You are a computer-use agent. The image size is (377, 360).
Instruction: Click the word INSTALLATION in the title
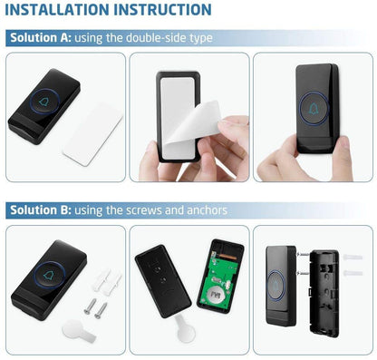point(57,10)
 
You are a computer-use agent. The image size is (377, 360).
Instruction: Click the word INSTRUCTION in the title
point(163,10)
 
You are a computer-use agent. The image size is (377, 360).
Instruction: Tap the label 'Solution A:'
point(41,38)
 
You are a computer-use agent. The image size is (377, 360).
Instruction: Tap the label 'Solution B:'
point(41,210)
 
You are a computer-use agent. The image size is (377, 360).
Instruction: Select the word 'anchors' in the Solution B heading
point(207,210)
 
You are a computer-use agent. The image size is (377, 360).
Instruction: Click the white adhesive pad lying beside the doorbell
point(92,134)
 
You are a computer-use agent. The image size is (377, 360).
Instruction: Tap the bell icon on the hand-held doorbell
point(314,109)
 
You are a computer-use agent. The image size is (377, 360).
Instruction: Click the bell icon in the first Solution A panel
point(44,102)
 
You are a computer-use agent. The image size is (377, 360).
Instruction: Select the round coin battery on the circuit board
point(215,296)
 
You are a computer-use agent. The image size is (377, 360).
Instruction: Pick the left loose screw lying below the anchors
point(90,306)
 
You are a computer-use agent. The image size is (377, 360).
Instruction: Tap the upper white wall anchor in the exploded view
point(353,258)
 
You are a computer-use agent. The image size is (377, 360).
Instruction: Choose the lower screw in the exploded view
point(303,273)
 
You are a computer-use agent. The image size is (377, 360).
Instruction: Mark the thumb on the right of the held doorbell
point(343,158)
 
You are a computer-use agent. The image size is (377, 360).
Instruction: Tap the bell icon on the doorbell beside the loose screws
point(48,275)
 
